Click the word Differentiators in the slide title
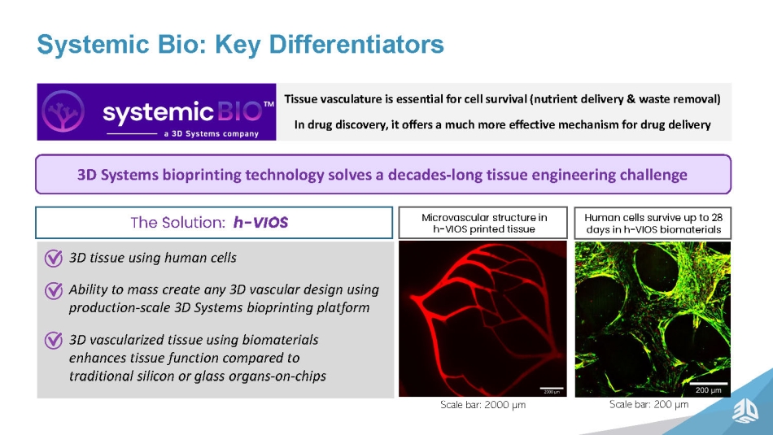pos(356,45)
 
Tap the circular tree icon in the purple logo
pos(63,111)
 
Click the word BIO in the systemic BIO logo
pos(239,112)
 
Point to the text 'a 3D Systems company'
pos(211,133)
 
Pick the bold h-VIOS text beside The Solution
pos(261,223)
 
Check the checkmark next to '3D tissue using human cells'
pos(53,258)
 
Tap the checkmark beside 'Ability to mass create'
pos(53,290)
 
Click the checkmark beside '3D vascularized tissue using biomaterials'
pos(53,341)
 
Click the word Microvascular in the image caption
pos(450,217)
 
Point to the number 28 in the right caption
pos(717,217)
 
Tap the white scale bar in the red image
pos(552,388)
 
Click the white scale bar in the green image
pos(709,383)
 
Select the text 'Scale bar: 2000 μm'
pos(483,405)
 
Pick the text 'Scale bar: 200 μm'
pos(649,404)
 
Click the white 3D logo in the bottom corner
pos(745,411)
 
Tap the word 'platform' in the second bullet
pos(345,308)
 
